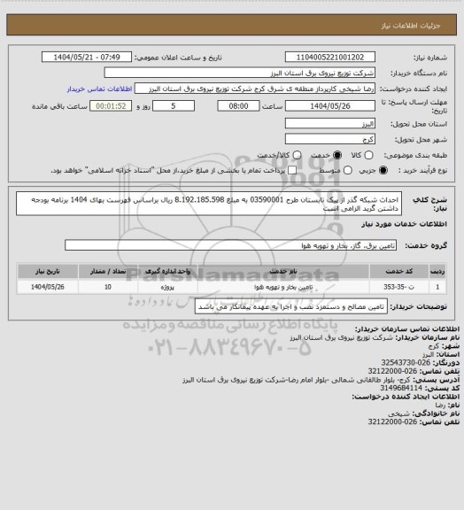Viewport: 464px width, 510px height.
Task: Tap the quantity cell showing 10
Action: (108, 288)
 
